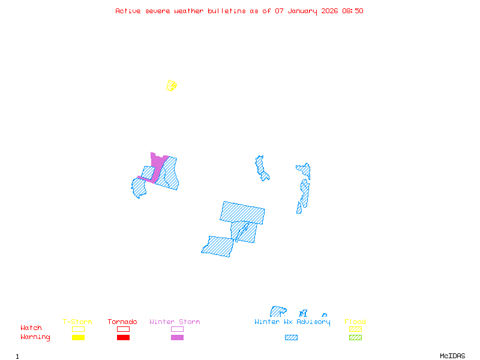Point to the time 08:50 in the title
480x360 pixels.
pos(352,11)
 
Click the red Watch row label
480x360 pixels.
pos(31,328)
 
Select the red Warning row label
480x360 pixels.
pos(35,337)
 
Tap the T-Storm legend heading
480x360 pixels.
pos(77,322)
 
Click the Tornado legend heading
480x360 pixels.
pos(122,322)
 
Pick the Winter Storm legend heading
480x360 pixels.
pos(175,322)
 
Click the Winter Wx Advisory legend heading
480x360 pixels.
pos(292,322)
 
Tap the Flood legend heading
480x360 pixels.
pos(355,322)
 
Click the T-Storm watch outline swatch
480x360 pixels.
pos(78,329)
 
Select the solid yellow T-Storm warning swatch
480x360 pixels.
pos(78,337)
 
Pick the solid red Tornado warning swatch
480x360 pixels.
pos(123,337)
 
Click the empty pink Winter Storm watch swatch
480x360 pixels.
pos(177,329)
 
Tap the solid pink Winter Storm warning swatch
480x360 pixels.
pos(177,337)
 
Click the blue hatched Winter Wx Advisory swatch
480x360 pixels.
pos(291,337)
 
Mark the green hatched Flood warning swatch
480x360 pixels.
pos(355,337)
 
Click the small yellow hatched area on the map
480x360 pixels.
pos(172,85)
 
